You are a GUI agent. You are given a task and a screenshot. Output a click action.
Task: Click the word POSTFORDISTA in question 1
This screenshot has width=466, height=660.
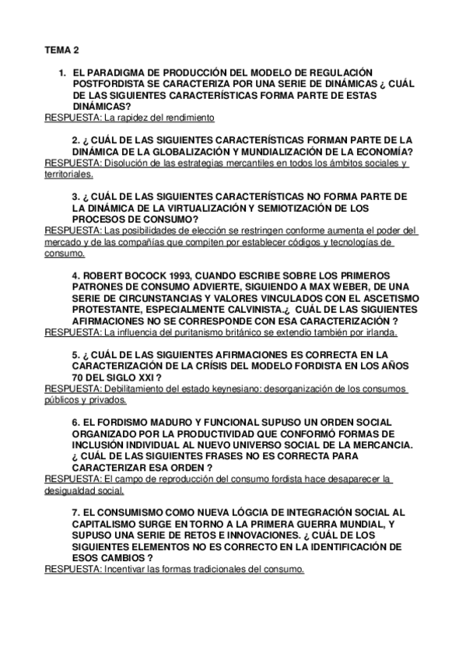110,82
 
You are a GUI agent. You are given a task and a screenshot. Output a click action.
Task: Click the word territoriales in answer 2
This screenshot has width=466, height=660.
67,174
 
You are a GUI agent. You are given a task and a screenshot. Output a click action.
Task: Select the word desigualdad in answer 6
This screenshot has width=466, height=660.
72,492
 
